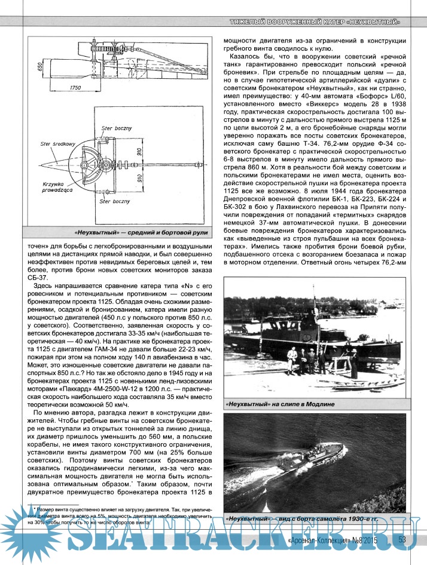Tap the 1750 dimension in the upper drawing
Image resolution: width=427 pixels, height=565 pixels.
click(x=75, y=88)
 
